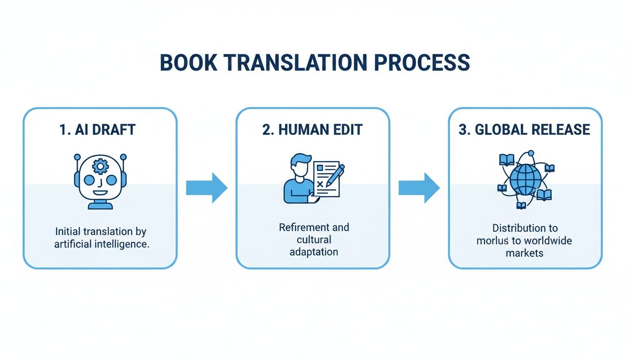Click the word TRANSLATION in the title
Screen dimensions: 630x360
296,62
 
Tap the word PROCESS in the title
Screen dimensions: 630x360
422,62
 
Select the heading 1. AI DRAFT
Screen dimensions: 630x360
97,130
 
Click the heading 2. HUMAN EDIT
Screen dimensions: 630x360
312,130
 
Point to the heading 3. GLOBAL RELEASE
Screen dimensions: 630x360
525,130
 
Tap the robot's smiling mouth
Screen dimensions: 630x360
100,193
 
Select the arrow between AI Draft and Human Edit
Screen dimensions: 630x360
207,188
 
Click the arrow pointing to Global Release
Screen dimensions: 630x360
419,188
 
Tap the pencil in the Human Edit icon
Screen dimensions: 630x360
335,176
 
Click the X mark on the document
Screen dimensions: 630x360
320,185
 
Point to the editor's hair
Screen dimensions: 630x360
300,160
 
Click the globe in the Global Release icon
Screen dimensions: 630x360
525,180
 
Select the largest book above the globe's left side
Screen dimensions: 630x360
507,160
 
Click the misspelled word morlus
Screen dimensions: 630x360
492,241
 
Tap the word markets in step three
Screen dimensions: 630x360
525,253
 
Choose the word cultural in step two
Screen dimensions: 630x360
314,240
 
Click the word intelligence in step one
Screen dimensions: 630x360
121,244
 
